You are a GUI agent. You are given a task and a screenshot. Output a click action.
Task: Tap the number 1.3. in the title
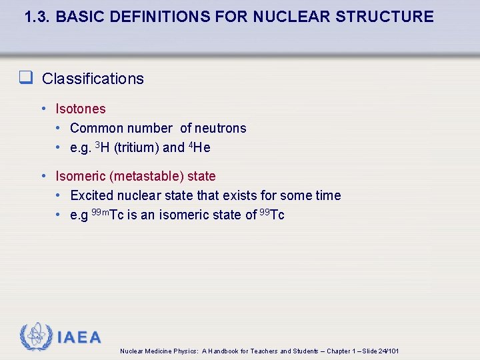37,17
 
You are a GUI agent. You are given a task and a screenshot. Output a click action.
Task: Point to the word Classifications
93,79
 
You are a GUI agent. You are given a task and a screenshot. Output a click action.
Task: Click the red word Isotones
80,109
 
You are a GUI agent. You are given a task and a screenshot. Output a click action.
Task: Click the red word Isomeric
80,176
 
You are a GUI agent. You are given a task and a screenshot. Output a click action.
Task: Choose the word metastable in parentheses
146,176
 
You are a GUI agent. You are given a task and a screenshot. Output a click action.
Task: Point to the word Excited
91,195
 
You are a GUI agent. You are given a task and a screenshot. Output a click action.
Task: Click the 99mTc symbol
107,215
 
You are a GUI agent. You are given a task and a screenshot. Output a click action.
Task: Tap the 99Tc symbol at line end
272,215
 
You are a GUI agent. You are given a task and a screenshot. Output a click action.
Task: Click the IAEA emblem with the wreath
35,337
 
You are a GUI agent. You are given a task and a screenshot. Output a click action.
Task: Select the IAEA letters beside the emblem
79,337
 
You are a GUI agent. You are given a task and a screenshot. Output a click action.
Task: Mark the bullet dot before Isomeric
43,176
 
